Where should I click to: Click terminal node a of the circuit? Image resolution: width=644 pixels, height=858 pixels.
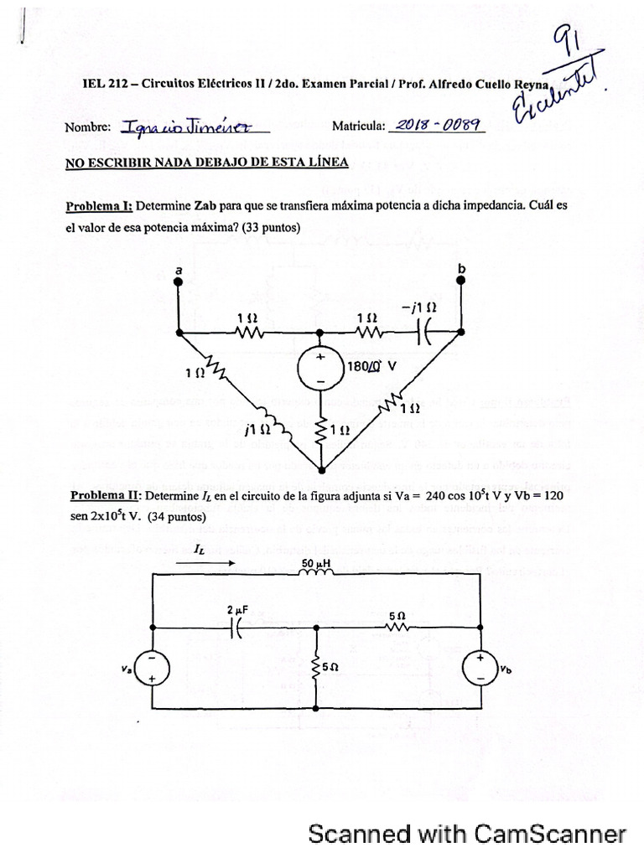click(x=179, y=283)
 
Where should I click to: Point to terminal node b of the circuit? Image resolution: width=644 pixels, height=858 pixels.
click(x=460, y=282)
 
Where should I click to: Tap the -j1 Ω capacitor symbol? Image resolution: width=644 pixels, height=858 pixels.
click(x=424, y=332)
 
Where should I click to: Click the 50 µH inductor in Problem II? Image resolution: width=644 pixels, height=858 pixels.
click(x=316, y=574)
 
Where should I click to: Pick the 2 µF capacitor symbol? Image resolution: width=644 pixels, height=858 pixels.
click(x=236, y=627)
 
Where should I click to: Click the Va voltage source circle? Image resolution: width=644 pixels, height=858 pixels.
click(x=153, y=669)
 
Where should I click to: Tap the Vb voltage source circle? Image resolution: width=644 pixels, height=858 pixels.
click(x=480, y=669)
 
